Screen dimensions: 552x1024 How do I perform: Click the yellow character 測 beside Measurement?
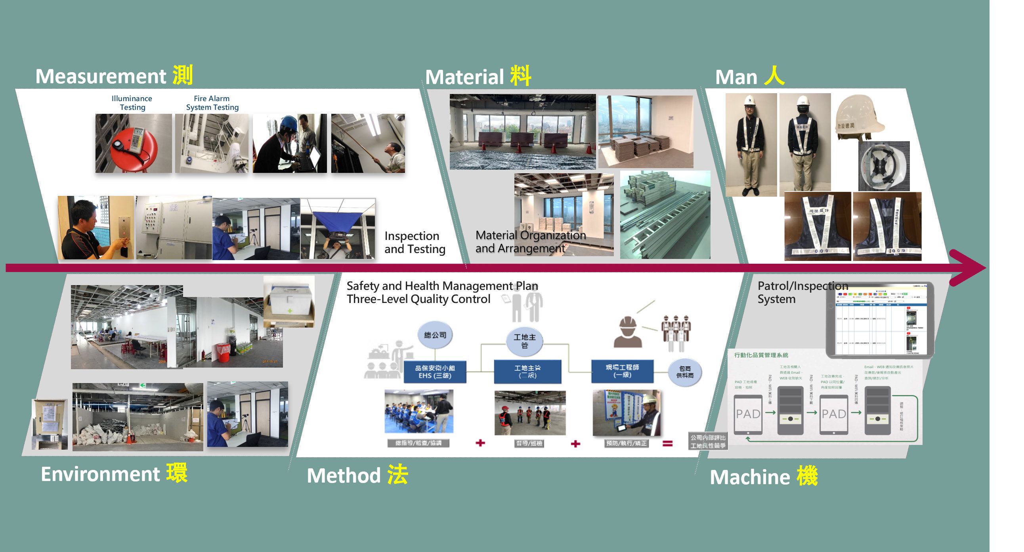coord(183,75)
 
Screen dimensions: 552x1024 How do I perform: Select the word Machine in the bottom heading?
coord(750,477)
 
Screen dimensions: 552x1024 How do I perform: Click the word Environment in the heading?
coord(100,474)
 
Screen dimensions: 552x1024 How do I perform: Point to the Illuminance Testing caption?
coord(132,103)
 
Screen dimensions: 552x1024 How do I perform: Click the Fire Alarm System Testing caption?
coord(212,103)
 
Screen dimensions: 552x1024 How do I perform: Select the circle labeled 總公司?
coord(435,335)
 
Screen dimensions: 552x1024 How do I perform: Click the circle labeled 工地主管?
coord(524,341)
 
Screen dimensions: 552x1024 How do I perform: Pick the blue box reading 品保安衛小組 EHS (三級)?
coord(434,372)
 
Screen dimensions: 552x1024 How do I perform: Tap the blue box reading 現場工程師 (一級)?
coord(622,371)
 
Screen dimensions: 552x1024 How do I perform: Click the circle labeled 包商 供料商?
coord(684,372)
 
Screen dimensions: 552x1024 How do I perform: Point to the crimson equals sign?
coord(667,443)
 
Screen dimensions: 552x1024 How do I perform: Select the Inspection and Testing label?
coord(415,242)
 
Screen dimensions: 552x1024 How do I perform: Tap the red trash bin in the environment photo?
coord(223,353)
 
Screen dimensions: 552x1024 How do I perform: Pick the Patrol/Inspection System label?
coord(802,292)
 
